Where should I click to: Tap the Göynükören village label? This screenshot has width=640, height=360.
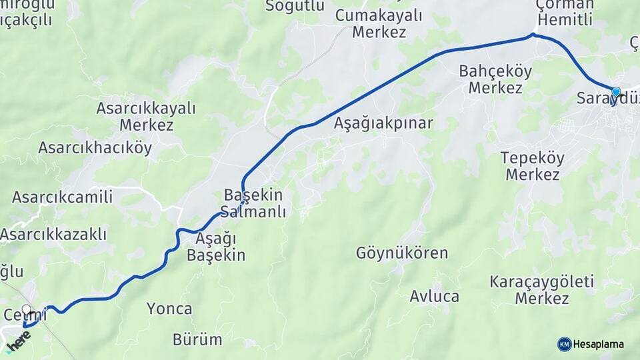(x=401, y=253)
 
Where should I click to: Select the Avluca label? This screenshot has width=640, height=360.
(x=434, y=296)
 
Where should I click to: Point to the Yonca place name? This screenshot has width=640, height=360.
(x=169, y=309)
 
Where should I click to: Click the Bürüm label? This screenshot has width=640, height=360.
(x=197, y=339)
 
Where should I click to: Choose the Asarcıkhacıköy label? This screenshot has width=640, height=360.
(x=95, y=148)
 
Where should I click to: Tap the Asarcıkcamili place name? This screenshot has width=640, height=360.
(x=62, y=197)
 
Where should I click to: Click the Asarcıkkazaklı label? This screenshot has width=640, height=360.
(x=53, y=235)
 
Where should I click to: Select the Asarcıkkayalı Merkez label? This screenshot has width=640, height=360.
(x=146, y=116)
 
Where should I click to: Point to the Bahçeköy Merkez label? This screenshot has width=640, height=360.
(x=495, y=79)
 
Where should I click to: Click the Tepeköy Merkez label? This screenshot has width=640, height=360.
(x=532, y=167)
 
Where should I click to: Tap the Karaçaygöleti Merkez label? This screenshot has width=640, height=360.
(x=541, y=289)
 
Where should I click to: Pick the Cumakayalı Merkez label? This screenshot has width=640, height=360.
(x=379, y=23)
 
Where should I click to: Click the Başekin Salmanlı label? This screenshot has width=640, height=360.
(x=254, y=204)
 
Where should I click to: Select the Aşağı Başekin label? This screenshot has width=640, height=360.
(x=216, y=247)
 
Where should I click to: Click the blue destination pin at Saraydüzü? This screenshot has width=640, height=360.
(x=616, y=93)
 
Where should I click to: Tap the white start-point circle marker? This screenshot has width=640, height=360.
(x=27, y=309)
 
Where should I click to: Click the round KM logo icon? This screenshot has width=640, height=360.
(x=564, y=344)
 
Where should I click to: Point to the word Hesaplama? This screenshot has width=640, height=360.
(x=599, y=344)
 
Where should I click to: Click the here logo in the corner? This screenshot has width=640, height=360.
(x=19, y=342)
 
